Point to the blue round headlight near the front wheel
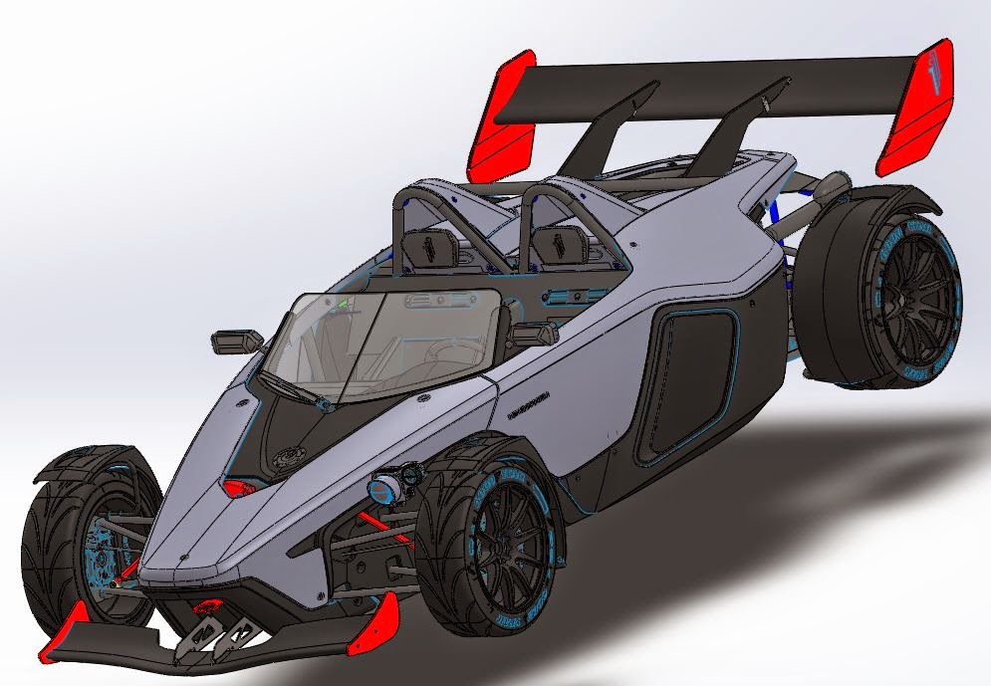[382, 490]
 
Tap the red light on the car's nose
[238, 488]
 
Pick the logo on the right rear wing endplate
[925, 75]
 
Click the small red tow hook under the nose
[208, 608]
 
